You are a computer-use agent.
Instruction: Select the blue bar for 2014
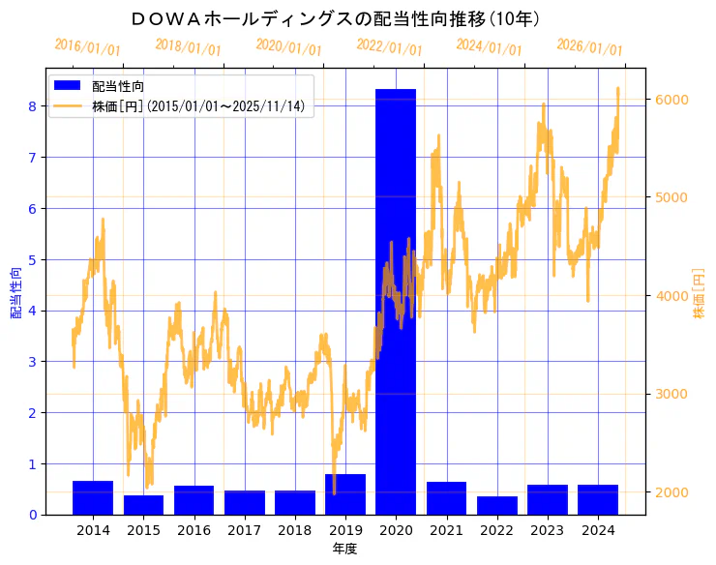coord(93,497)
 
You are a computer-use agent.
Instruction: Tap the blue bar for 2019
coord(345,494)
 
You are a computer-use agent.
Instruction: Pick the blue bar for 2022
coord(497,505)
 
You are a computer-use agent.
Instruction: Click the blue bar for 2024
coord(598,499)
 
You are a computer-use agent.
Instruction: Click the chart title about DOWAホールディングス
coord(336,19)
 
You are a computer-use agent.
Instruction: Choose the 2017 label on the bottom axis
coord(244,530)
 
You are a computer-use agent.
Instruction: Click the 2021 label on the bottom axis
coord(446,530)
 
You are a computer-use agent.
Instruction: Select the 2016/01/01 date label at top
coord(88,46)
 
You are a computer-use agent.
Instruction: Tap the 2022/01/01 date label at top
coord(389,46)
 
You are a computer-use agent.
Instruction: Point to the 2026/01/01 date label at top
coord(590,46)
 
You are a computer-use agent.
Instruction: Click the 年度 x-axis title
coord(345,549)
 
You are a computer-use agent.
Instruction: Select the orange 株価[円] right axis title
coord(699,294)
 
